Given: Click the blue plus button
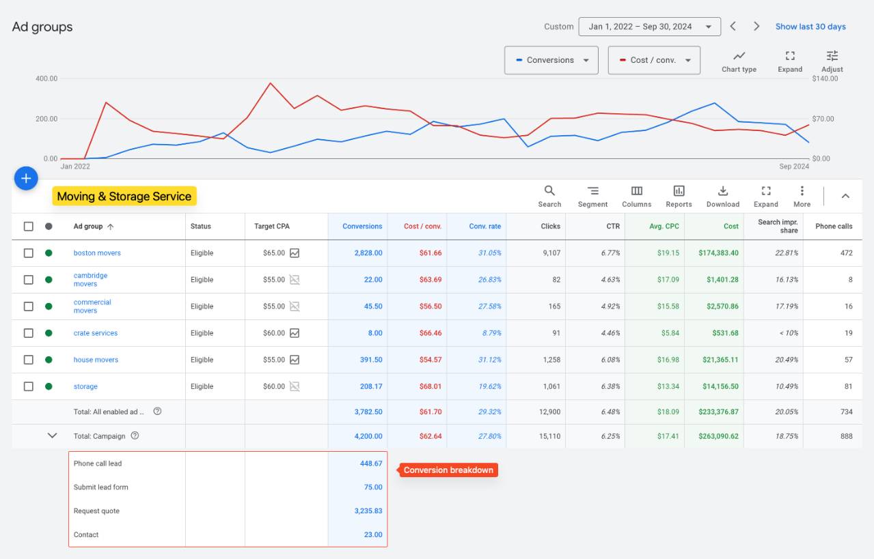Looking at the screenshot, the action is point(26,179).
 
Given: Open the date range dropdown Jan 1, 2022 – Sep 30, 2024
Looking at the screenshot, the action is point(649,27).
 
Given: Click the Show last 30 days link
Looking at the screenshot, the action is point(810,27).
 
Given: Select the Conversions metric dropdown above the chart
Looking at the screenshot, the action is point(551,60).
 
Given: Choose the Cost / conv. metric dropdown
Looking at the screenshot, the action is point(654,60).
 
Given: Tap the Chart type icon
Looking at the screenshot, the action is point(739,56).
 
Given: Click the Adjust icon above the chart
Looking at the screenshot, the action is point(832,56).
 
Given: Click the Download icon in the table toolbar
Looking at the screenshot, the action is point(722,190).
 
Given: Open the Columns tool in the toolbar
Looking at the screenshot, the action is point(636,190).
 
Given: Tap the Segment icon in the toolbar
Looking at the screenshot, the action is point(592,190).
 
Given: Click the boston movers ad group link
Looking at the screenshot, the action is point(97,253).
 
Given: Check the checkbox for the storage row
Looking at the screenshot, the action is point(29,386).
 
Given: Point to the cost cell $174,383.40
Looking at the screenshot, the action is point(718,253).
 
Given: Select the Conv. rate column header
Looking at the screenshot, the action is point(485,226).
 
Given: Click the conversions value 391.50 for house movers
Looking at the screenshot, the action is point(371,360).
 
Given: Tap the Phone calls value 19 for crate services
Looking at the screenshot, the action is point(848,333).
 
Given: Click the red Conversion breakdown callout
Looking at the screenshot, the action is point(448,470).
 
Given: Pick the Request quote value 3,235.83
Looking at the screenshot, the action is point(368,511).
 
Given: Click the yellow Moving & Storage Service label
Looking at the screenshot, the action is point(124,196).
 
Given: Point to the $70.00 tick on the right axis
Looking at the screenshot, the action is point(823,119).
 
